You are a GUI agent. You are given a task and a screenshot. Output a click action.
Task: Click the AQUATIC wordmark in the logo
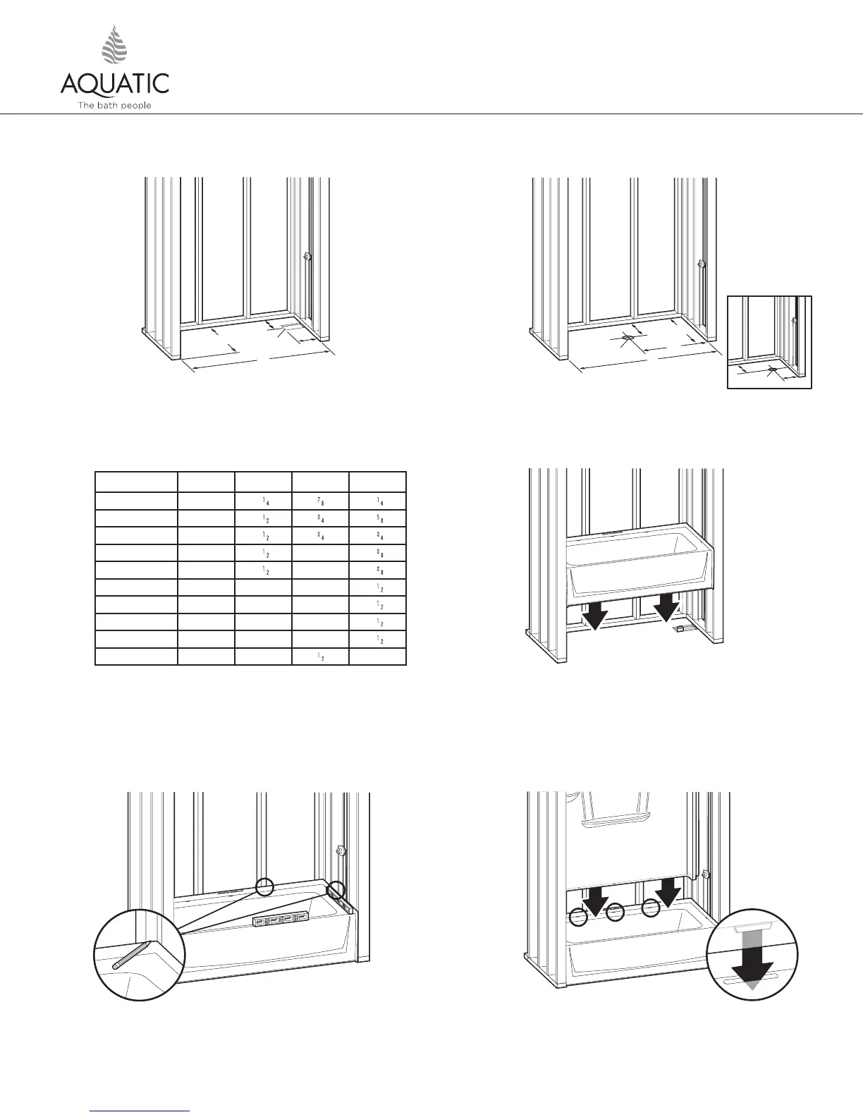pos(114,83)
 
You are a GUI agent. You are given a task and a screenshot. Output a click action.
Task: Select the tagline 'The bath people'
pos(114,106)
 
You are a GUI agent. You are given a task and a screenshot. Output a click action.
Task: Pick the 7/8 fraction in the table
pos(320,500)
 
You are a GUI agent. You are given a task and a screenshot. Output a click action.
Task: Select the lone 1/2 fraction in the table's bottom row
pos(320,657)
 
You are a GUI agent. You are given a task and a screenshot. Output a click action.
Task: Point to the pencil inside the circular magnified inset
pos(130,955)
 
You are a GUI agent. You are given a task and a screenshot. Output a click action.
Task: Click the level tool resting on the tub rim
pos(281,920)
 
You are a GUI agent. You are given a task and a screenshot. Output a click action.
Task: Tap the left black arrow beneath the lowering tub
pos(594,615)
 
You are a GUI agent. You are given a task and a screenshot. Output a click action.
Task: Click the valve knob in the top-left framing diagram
pos(307,257)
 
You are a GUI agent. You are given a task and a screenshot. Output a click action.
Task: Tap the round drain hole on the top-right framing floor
pos(628,337)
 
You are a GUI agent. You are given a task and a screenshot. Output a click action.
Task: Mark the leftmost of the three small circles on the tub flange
pos(578,917)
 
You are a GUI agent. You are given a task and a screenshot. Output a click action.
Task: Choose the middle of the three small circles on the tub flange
pos(616,912)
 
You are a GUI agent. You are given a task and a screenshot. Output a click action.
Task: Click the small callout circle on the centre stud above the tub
pos(264,886)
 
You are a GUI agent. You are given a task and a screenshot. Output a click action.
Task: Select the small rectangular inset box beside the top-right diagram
pos(769,342)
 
